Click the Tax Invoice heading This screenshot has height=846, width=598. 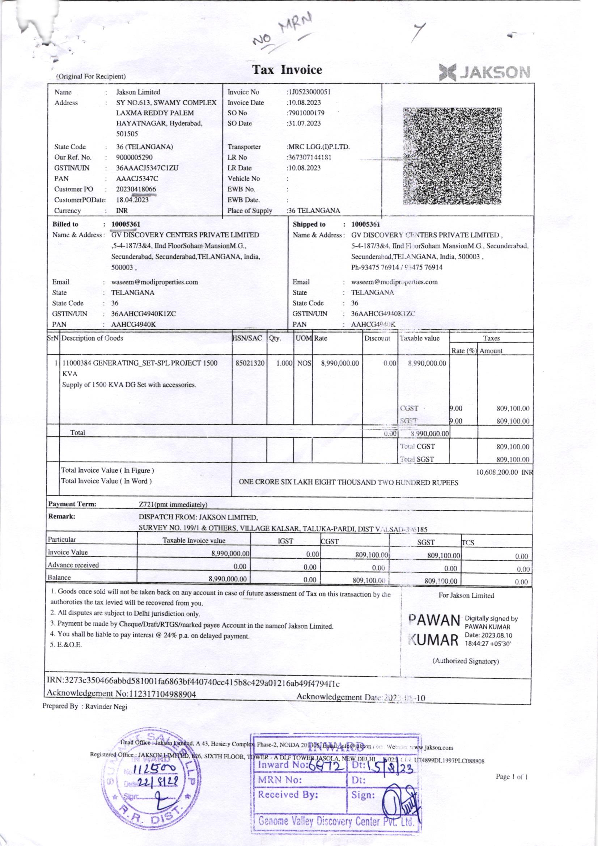(287, 69)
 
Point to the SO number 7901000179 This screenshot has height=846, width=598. (306, 113)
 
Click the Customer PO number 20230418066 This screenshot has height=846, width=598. (136, 189)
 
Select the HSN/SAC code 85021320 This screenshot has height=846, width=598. (250, 363)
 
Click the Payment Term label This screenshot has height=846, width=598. (72, 504)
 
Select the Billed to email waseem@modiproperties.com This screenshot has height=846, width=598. (154, 282)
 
